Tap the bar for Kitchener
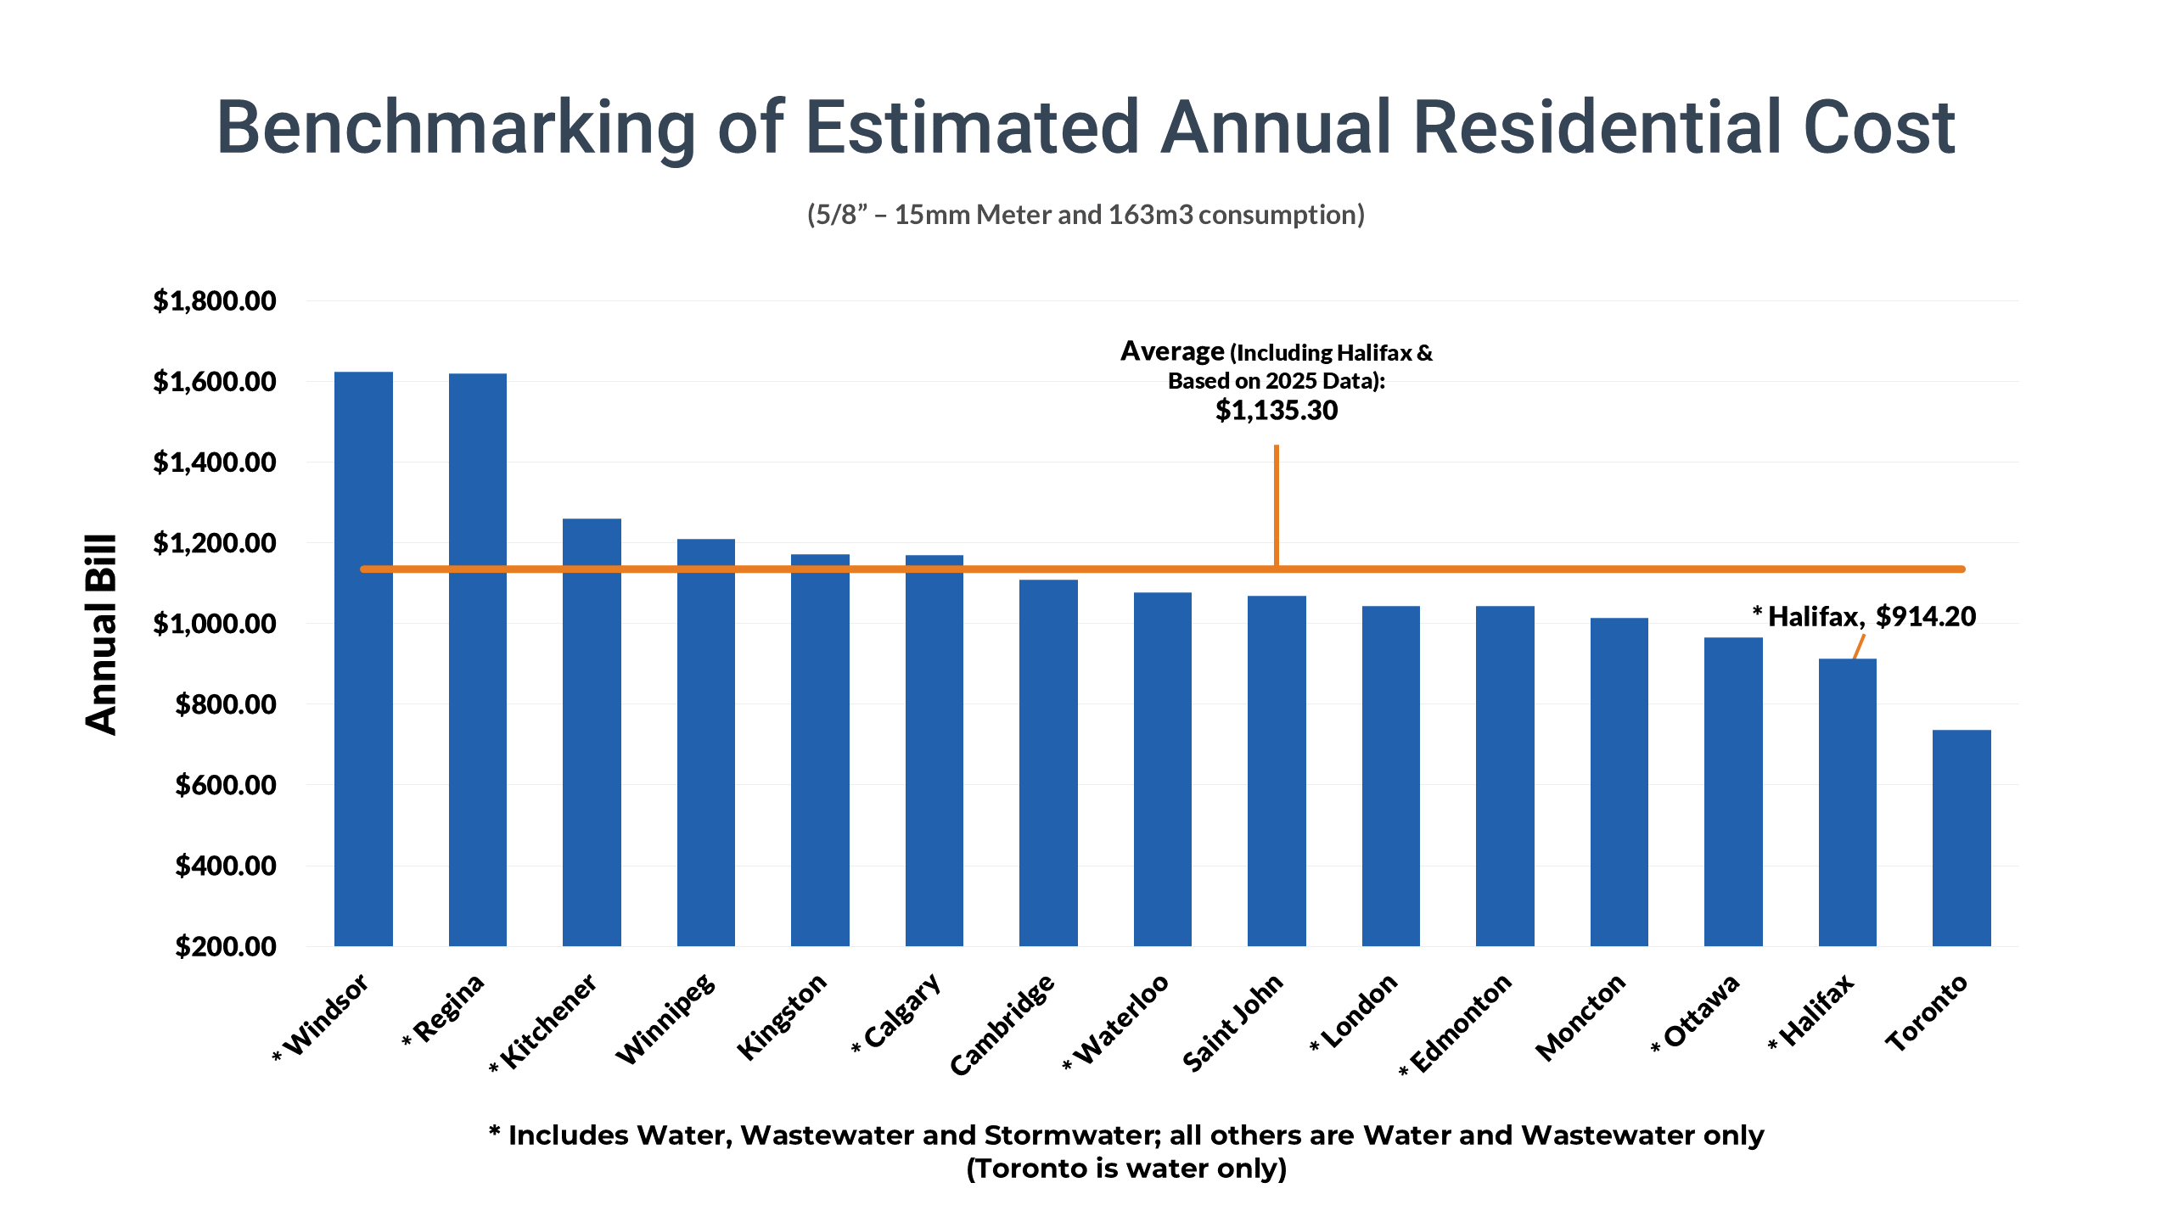pos(592,747)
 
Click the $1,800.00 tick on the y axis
pos(214,301)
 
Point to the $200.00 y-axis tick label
pos(225,946)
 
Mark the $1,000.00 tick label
pos(214,624)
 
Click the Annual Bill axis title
pos(101,634)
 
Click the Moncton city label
pos(1581,1016)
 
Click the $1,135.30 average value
pos(1276,411)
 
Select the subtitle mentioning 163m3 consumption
pos(1086,215)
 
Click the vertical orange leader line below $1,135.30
pos(1276,505)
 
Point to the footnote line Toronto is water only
pos(1125,1169)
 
